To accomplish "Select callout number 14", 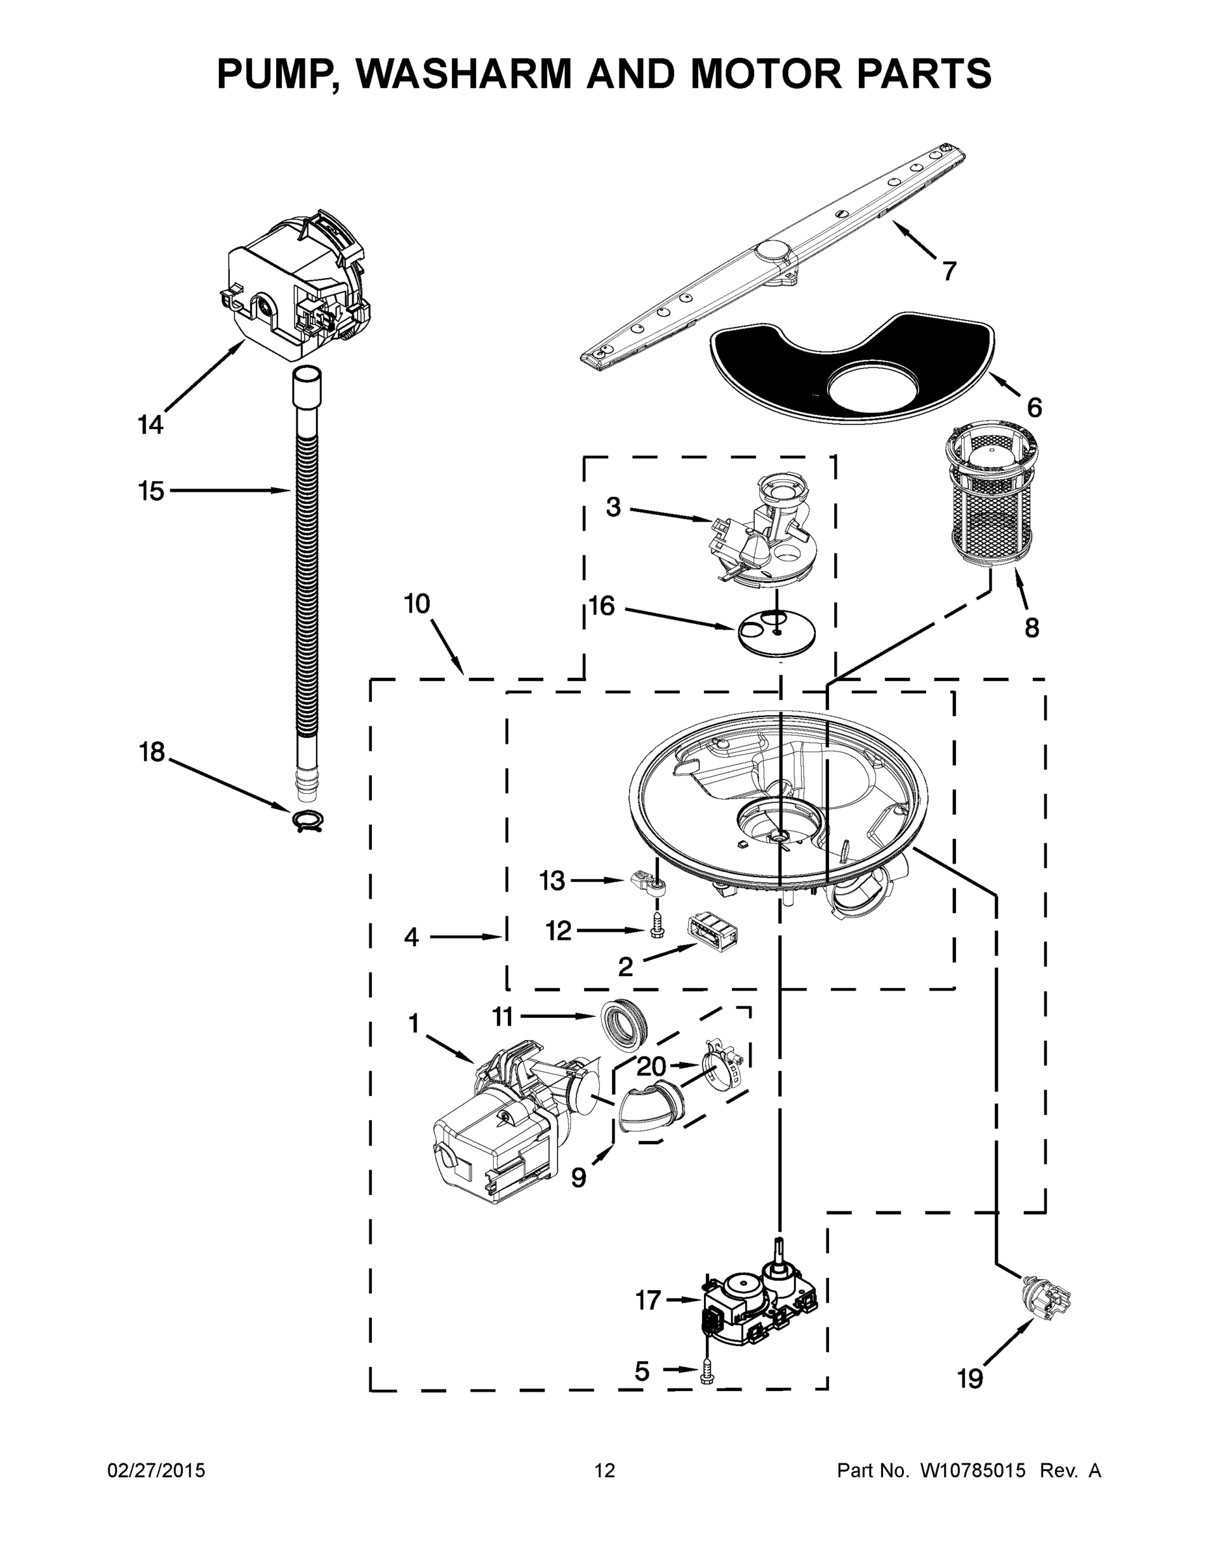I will coord(150,425).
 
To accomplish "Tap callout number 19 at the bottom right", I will coord(970,1377).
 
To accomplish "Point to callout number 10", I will coord(417,603).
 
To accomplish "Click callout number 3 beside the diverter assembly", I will coord(613,507).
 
